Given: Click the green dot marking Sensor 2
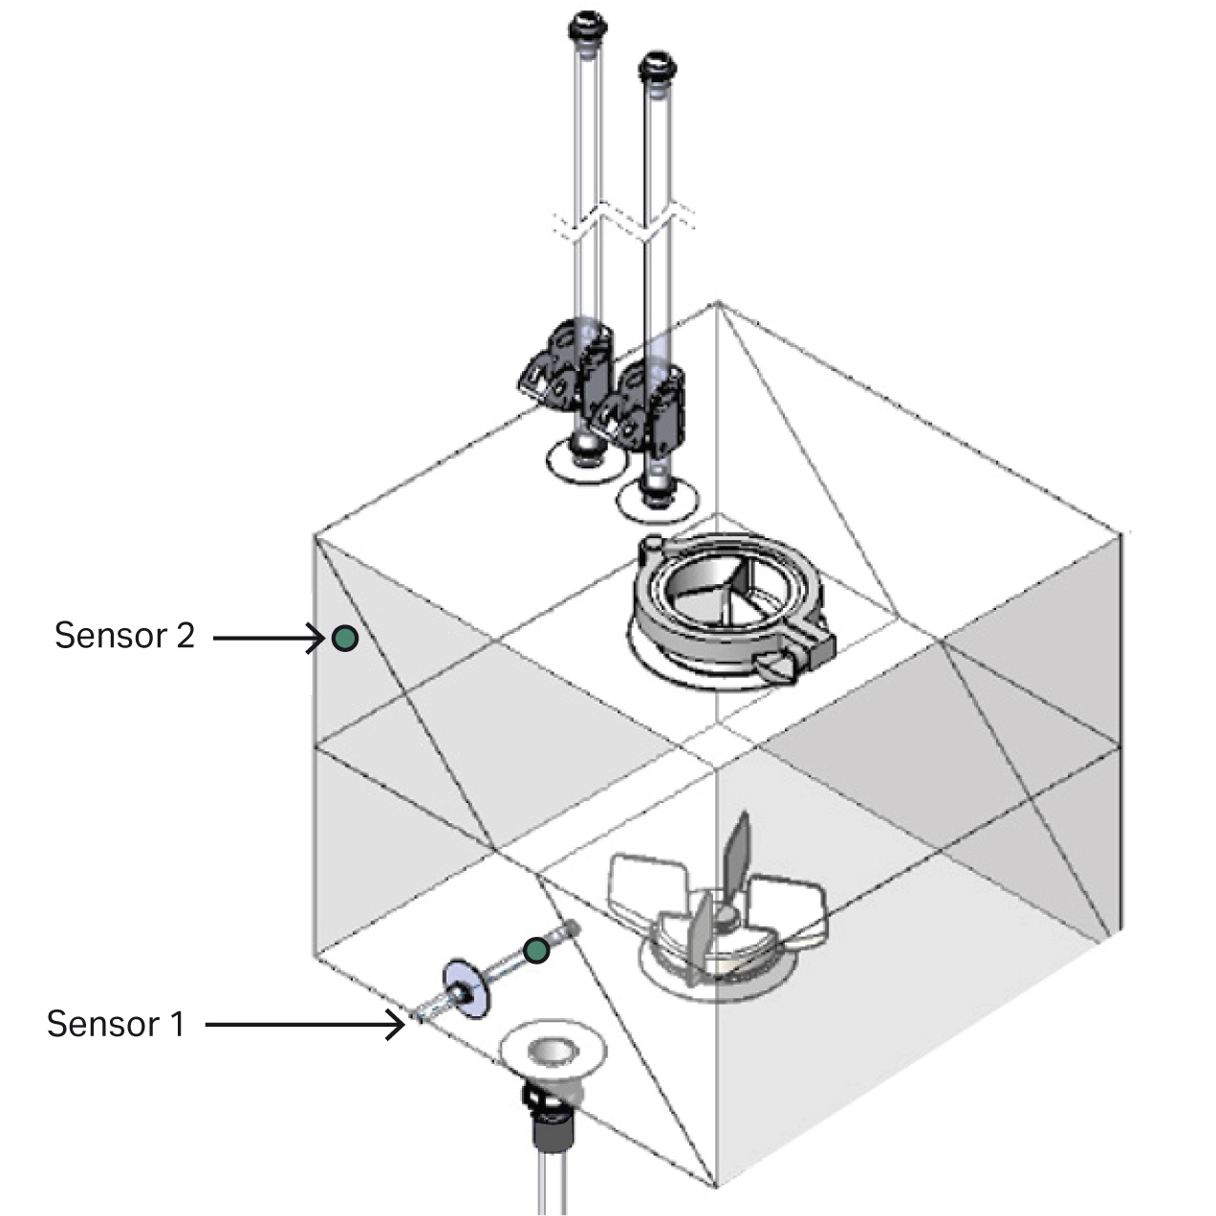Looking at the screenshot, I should (x=345, y=638).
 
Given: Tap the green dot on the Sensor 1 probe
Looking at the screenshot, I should (x=537, y=950).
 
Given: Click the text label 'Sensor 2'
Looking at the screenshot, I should (x=124, y=636).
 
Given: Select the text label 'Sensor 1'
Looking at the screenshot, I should (x=115, y=1024).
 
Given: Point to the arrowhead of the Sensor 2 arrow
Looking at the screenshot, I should (x=321, y=638).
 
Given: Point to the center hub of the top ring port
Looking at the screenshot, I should (x=731, y=593).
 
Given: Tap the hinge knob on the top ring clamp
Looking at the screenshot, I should (x=652, y=547).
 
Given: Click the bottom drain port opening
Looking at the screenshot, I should (x=554, y=1052).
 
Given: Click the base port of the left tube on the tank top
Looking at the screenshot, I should (x=586, y=457).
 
